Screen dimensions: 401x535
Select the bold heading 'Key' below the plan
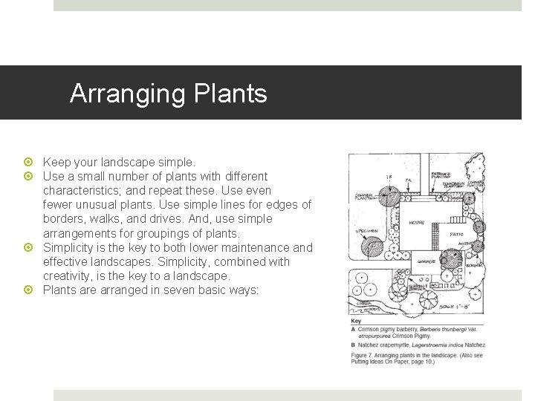pos(357,320)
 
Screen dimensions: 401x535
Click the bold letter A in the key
pos(353,327)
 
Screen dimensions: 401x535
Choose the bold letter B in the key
pos(353,345)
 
